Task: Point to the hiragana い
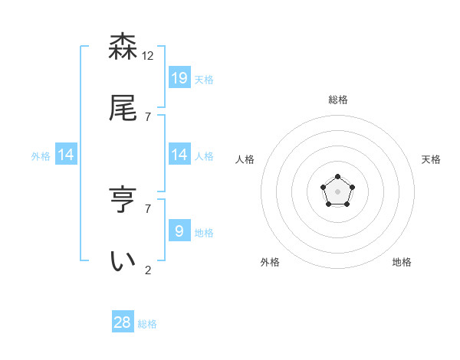(123, 261)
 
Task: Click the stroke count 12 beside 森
(149, 55)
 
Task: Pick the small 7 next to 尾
(149, 116)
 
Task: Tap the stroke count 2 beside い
(149, 270)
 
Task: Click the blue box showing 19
(179, 77)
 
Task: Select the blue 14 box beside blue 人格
(179, 154)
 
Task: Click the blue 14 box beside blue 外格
(66, 155)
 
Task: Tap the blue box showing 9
(179, 231)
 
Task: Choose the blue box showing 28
(123, 322)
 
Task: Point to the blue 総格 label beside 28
(147, 324)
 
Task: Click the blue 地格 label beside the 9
(204, 232)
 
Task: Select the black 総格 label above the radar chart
(338, 100)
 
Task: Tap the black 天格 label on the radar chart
(431, 159)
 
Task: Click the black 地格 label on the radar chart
(402, 262)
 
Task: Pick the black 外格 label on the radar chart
(270, 262)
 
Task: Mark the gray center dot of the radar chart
(337, 191)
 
